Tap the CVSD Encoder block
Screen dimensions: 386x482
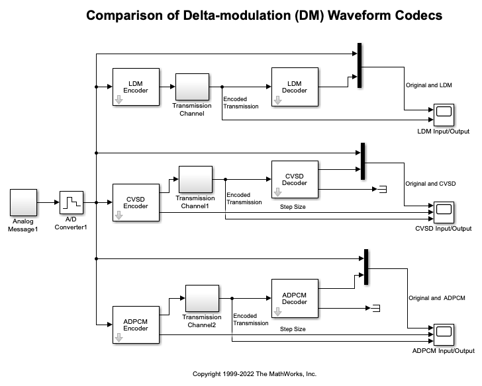136,202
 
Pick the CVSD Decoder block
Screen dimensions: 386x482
295,179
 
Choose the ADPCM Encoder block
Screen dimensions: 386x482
136,325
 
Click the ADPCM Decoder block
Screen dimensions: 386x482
295,298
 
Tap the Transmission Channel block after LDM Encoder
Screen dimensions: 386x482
192,87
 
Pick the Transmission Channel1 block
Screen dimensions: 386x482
195,179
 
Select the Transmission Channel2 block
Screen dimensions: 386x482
202,298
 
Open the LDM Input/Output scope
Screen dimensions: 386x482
443,115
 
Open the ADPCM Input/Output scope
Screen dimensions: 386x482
443,334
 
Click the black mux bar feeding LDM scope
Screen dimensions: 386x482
360,65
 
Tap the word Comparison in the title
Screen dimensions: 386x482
125,15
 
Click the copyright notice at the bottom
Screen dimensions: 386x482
254,374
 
